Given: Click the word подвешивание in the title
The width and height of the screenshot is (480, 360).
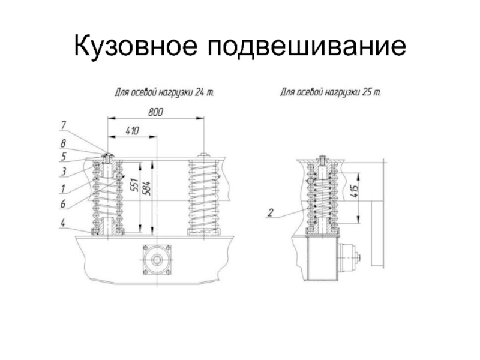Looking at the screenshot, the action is pyautogui.click(x=307, y=46).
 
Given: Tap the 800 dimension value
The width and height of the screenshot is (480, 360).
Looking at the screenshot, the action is pyautogui.click(x=155, y=112).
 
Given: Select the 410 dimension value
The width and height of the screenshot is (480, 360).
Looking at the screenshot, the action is pyautogui.click(x=132, y=131).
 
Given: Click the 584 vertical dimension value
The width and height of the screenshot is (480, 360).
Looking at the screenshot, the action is pyautogui.click(x=147, y=188).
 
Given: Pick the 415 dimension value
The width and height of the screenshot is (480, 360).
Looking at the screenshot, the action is pyautogui.click(x=355, y=191).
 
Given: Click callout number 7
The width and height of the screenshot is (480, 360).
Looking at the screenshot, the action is pyautogui.click(x=64, y=125).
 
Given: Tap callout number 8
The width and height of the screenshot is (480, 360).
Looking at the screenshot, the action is pyautogui.click(x=63, y=143).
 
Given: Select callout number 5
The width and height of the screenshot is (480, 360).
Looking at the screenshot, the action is pyautogui.click(x=63, y=157).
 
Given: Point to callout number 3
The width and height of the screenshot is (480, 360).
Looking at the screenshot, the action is pyautogui.click(x=64, y=172).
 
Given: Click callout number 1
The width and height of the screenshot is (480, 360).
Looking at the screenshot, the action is pyautogui.click(x=63, y=188).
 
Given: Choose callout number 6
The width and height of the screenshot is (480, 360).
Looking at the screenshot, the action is pyautogui.click(x=63, y=203).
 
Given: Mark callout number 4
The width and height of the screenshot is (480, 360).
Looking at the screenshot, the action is pyautogui.click(x=63, y=223).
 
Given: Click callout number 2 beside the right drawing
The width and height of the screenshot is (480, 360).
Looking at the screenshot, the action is pyautogui.click(x=270, y=212).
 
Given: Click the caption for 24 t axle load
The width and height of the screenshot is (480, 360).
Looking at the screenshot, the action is pyautogui.click(x=164, y=92).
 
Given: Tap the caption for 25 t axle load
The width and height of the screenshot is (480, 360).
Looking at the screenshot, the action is pyautogui.click(x=331, y=92).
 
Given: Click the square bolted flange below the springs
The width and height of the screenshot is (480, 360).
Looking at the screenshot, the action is pyautogui.click(x=157, y=260).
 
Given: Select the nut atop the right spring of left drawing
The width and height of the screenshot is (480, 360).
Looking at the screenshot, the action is pyautogui.click(x=203, y=155).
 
